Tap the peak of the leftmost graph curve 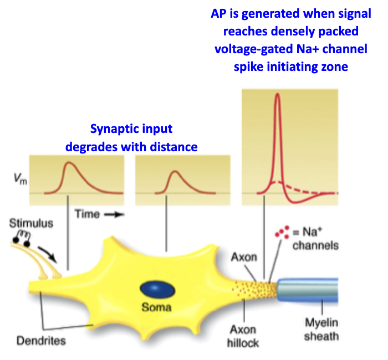pos(69,163)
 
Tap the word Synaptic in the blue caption pos(114,130)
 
